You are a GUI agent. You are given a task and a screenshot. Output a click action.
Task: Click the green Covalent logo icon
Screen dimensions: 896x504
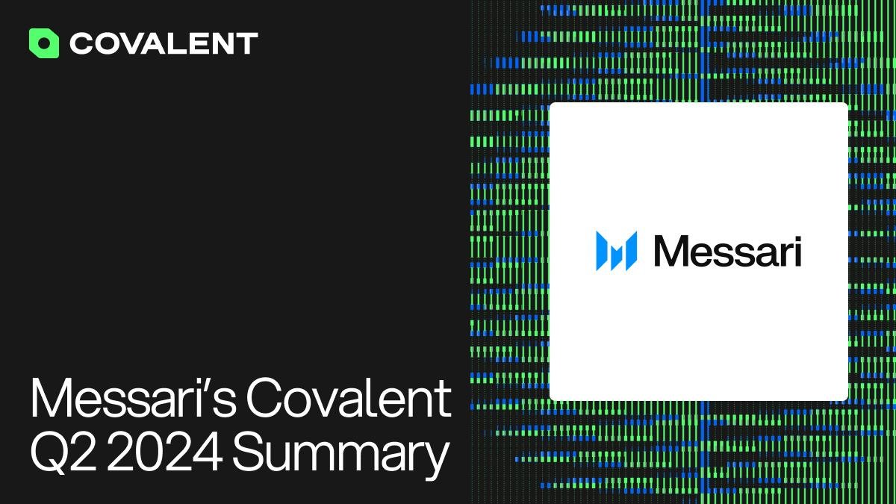click(44, 43)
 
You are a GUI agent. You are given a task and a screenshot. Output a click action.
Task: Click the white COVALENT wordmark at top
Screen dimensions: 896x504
click(164, 43)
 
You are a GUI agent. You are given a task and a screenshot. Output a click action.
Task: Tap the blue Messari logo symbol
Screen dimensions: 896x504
click(617, 251)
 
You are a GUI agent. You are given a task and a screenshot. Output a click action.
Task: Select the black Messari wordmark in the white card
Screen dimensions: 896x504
click(727, 251)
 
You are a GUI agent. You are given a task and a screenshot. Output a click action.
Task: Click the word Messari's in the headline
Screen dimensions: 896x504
click(133, 397)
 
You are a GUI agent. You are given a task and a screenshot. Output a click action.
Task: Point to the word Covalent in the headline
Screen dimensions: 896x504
click(349, 397)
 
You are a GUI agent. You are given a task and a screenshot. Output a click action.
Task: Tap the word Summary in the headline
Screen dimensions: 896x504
click(340, 456)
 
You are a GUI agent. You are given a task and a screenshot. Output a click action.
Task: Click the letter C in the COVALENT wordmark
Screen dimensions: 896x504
click(81, 43)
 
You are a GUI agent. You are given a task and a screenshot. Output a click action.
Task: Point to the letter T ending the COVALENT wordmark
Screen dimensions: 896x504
click(247, 43)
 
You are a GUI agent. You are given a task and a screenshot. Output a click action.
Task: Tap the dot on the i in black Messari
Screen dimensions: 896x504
click(797, 238)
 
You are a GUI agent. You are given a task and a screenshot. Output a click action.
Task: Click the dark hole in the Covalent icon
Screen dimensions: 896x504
click(44, 43)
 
